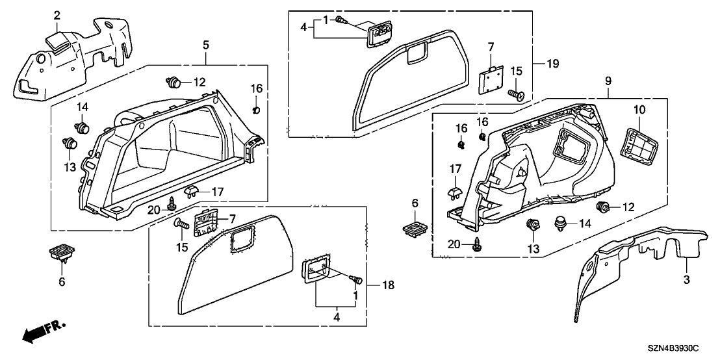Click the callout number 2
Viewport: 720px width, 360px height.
tap(57, 15)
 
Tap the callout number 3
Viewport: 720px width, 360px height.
tap(686, 278)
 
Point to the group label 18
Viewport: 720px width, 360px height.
tap(389, 285)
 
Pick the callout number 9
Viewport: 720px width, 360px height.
tap(608, 81)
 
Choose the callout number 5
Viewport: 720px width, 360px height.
tap(206, 45)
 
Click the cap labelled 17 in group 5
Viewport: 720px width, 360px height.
tap(192, 190)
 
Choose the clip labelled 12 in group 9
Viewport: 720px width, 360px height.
tap(603, 208)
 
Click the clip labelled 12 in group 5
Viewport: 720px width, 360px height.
tap(173, 83)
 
